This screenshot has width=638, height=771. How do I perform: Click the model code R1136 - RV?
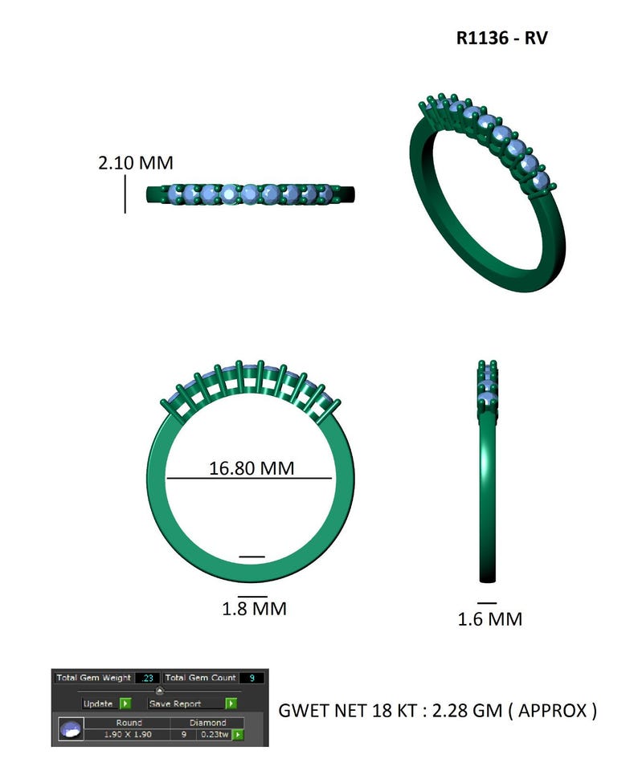click(501, 39)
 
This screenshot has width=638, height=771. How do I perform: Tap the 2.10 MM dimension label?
click(135, 163)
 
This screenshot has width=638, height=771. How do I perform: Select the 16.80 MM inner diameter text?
click(252, 467)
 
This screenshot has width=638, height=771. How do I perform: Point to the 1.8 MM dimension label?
click(254, 609)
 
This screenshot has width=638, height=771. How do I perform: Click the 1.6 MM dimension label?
click(489, 619)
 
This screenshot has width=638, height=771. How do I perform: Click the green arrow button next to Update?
click(125, 704)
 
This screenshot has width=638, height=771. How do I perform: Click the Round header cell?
click(128, 723)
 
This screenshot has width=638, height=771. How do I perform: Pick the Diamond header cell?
click(207, 723)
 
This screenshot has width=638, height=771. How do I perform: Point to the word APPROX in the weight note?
click(554, 711)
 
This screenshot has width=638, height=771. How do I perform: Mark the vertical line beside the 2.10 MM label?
click(125, 194)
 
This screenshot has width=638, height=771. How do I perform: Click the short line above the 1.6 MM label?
click(487, 602)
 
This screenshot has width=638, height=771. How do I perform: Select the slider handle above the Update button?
click(160, 691)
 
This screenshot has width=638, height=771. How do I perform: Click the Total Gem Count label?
click(200, 679)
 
